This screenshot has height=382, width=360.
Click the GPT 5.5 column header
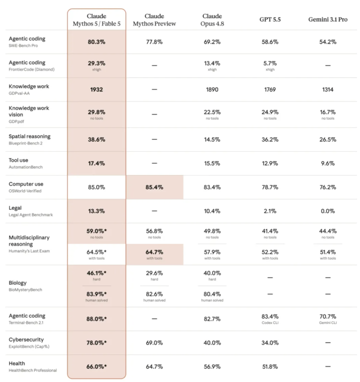tap(270, 20)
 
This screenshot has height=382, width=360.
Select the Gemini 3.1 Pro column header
tap(328, 20)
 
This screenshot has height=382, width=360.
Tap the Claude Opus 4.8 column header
tap(212, 20)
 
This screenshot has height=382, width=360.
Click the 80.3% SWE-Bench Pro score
tap(96, 42)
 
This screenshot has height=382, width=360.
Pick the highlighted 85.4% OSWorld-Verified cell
tap(154, 187)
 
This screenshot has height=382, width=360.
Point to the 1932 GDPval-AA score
tap(96, 90)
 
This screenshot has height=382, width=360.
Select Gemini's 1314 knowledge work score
tap(328, 90)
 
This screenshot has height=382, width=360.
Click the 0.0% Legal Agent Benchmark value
tap(328, 211)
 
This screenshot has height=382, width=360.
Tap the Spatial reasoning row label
tap(29, 136)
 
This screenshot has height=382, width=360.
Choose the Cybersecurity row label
tap(26, 339)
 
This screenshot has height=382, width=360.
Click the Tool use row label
tap(18, 160)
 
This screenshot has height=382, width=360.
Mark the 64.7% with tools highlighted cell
tap(154, 254)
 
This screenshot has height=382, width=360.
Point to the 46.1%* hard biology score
tap(96, 275)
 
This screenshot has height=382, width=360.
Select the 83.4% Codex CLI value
tap(270, 319)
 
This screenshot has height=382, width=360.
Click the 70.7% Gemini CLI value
tap(328, 319)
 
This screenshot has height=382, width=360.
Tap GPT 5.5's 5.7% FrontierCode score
tap(270, 66)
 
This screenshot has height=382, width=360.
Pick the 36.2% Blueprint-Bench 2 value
tap(270, 140)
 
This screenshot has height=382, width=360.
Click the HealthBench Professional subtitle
tap(33, 370)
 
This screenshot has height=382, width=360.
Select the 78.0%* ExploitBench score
tap(96, 343)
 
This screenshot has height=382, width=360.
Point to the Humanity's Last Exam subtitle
tap(29, 251)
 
